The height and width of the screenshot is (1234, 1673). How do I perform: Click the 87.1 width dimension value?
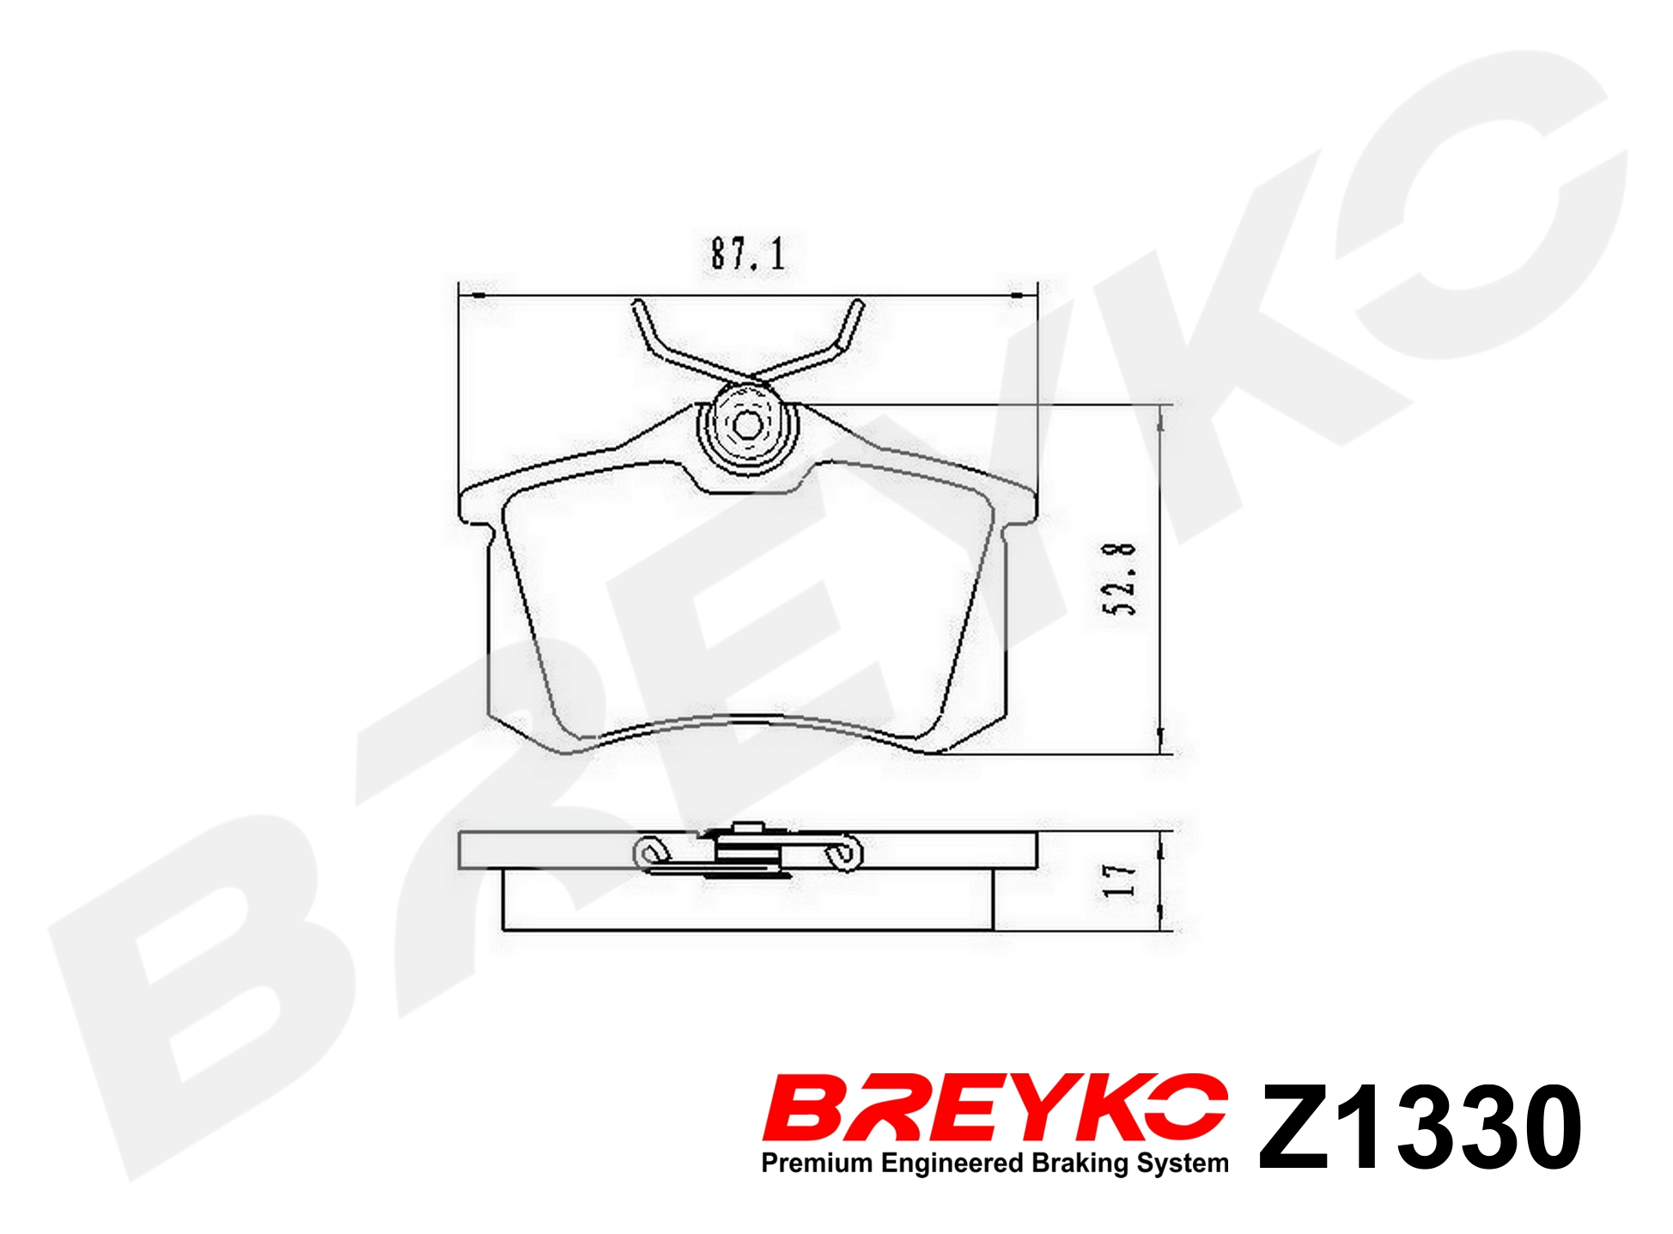pos(747,254)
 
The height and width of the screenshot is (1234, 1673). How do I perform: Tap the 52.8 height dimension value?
pos(1119,579)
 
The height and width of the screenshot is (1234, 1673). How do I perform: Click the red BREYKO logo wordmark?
pos(995,1108)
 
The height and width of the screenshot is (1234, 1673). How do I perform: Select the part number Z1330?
pos(1420,1127)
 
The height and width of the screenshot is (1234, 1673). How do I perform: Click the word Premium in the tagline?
pos(818,1163)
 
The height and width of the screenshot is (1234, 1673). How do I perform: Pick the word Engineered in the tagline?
pos(952,1164)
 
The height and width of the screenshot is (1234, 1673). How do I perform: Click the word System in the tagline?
pos(1183,1164)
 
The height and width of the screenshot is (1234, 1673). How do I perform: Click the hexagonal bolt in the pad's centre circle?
pos(745,425)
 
